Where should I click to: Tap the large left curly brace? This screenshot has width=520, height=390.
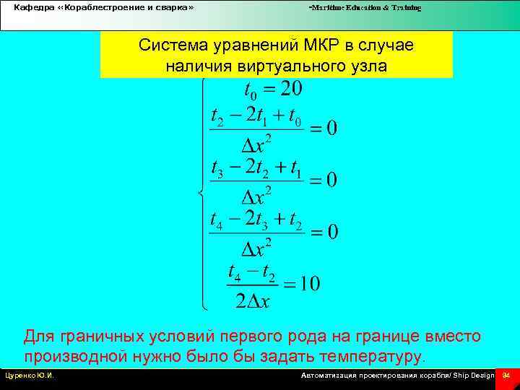[x=201, y=194]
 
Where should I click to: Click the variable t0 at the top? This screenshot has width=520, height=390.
[x=250, y=92]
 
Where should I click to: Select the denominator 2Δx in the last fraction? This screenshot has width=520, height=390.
[x=253, y=300]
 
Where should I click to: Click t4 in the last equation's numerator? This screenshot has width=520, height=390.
[x=233, y=273]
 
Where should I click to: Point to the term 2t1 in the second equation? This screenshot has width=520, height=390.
[x=260, y=116]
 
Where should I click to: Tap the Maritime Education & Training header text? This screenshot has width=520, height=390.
[x=365, y=7]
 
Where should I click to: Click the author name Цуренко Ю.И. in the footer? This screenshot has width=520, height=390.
[x=30, y=376]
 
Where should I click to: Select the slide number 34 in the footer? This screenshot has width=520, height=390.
[x=506, y=376]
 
